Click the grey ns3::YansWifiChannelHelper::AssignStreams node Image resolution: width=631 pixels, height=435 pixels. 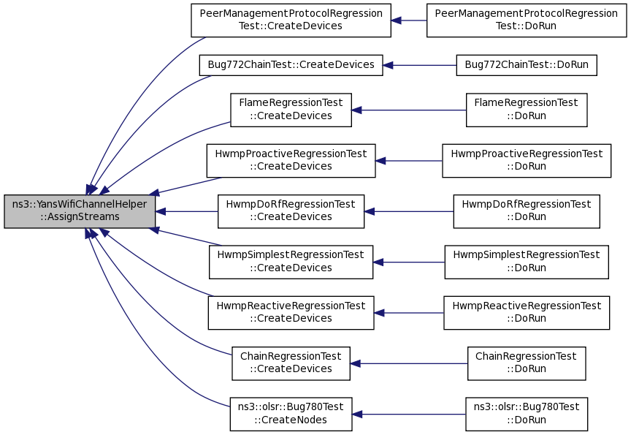[x=80, y=211]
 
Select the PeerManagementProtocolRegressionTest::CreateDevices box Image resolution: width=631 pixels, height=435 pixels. [x=291, y=20]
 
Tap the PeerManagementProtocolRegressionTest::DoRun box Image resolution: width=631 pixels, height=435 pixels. [x=527, y=20]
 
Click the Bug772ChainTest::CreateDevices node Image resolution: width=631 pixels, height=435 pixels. [x=291, y=65]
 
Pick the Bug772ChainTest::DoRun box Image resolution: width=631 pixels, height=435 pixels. [x=527, y=65]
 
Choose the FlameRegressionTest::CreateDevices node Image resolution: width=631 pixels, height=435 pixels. [x=291, y=110]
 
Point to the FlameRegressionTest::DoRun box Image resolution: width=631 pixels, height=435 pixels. [x=527, y=110]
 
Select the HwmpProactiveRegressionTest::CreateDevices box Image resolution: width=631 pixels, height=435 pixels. [x=291, y=161]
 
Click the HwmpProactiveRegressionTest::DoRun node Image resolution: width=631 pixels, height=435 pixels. [x=527, y=161]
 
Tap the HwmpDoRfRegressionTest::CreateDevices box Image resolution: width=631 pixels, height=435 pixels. [x=291, y=211]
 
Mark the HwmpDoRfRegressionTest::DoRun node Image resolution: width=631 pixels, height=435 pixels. [x=527, y=211]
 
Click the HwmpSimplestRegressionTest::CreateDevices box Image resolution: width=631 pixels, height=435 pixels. [x=291, y=262]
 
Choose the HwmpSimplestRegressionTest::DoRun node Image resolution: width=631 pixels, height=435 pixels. [x=527, y=262]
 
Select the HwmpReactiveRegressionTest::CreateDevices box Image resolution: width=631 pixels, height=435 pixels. [x=291, y=313]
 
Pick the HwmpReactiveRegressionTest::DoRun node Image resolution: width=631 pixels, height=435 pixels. [x=527, y=313]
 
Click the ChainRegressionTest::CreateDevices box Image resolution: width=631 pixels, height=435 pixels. [x=291, y=363]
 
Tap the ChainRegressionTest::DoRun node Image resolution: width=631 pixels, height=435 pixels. [x=527, y=363]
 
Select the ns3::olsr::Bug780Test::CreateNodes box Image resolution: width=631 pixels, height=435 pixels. [x=291, y=415]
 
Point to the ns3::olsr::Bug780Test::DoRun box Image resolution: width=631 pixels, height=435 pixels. [x=527, y=415]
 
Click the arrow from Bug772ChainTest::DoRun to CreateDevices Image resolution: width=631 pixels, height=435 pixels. [x=419, y=65]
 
